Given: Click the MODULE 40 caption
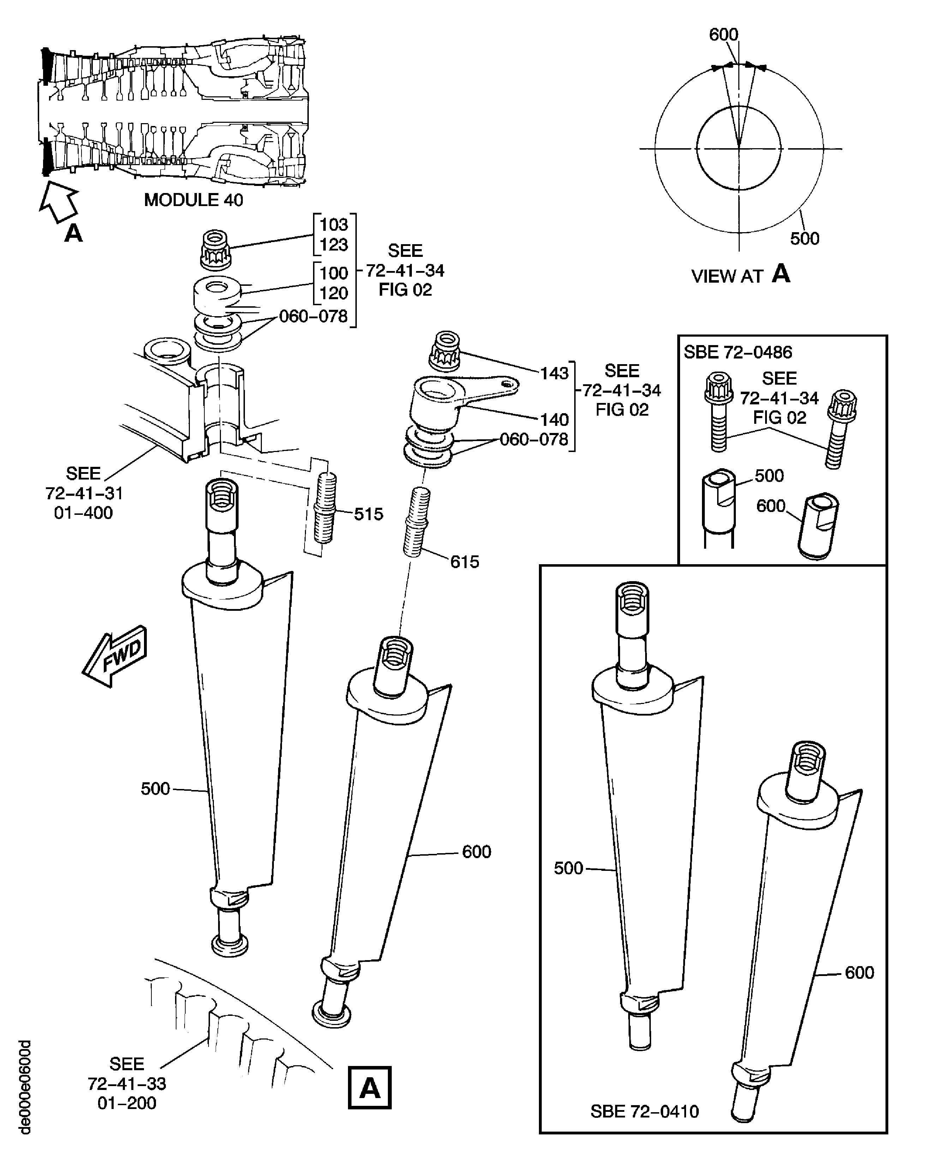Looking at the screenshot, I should pyautogui.click(x=193, y=200).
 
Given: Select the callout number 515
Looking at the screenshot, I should pyautogui.click(x=368, y=514).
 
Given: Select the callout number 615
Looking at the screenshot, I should pyautogui.click(x=464, y=562).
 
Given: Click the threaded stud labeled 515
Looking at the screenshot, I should pyautogui.click(x=325, y=508).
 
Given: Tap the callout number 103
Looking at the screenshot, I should pyautogui.click(x=334, y=224).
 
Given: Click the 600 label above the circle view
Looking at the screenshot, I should pyautogui.click(x=723, y=34).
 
